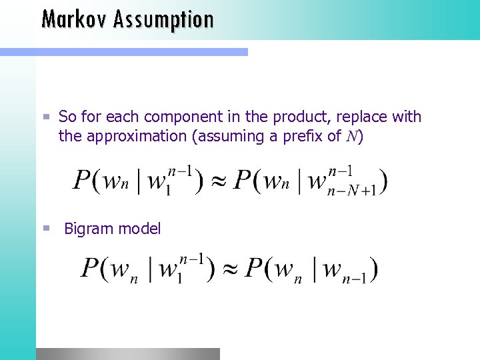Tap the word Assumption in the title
tap(163, 20)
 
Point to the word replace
tap(350, 117)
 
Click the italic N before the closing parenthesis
tap(351, 137)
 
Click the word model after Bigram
tap(138, 229)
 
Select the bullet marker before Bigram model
tap(46, 228)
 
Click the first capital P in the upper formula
tap(82, 180)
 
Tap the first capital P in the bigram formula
tap(91, 269)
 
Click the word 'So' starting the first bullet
tap(67, 117)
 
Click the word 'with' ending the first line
tap(406, 117)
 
